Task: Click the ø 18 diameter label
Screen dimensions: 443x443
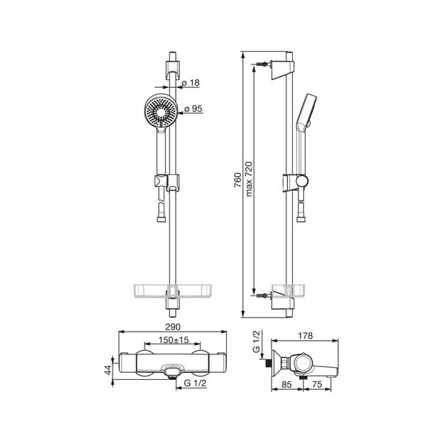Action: [191, 83]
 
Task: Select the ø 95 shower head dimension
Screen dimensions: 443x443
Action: [194, 108]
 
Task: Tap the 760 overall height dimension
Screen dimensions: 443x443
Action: [238, 180]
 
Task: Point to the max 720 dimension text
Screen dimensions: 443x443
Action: [249, 179]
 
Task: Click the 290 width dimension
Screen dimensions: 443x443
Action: [173, 327]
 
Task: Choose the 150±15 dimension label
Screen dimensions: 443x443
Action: [173, 340]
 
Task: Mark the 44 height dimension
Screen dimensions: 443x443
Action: [108, 370]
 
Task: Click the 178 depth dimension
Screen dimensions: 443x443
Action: [305, 335]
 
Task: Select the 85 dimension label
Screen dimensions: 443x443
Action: [286, 384]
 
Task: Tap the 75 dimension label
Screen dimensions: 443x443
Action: [317, 384]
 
